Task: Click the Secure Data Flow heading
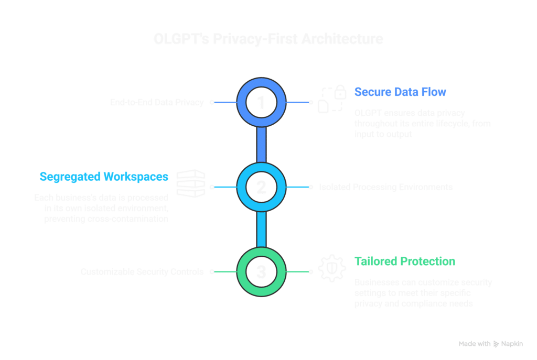400,93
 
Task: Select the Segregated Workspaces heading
104,177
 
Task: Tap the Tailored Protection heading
404,261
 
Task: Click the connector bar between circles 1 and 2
261,145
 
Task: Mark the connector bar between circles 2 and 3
261,230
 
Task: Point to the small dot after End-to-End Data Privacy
212,103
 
